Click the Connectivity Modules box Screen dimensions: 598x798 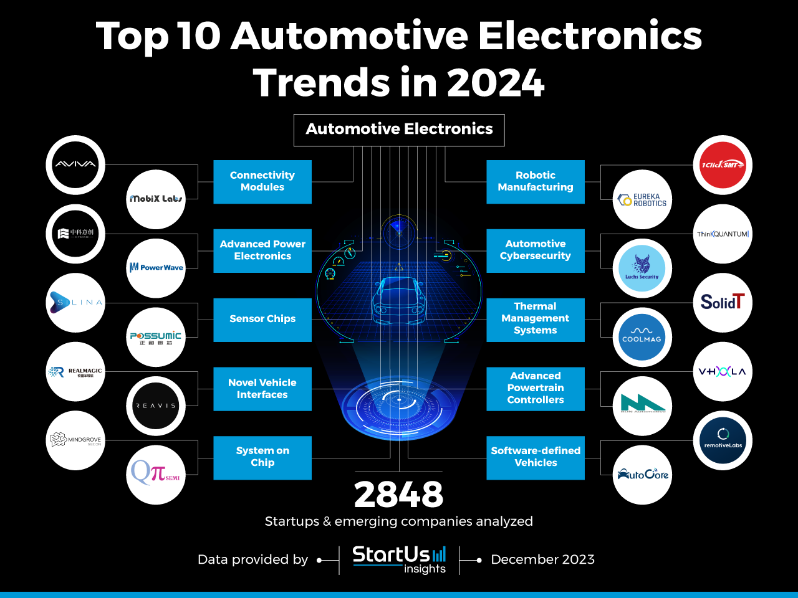coord(262,181)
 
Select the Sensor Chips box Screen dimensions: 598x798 coord(262,319)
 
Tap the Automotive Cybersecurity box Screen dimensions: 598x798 coord(536,250)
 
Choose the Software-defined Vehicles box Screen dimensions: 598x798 coord(536,457)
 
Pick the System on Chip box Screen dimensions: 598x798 coord(262,457)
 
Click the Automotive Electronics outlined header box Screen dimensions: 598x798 coord(399,130)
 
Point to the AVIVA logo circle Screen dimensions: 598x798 coord(75,165)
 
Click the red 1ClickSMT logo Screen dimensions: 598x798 coord(723,165)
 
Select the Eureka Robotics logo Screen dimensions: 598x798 coord(642,199)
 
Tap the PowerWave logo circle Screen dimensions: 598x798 coord(156,268)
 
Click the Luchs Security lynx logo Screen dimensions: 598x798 coord(642,268)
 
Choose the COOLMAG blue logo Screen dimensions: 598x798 coord(642,337)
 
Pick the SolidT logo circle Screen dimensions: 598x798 coord(723,303)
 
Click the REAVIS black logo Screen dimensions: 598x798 coord(156,406)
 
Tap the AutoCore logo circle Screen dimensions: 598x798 coord(642,475)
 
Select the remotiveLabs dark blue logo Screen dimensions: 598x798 coord(723,440)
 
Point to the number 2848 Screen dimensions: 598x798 coord(399,495)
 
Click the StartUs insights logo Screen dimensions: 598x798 coord(399,559)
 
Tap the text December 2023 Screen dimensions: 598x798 coord(542,559)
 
